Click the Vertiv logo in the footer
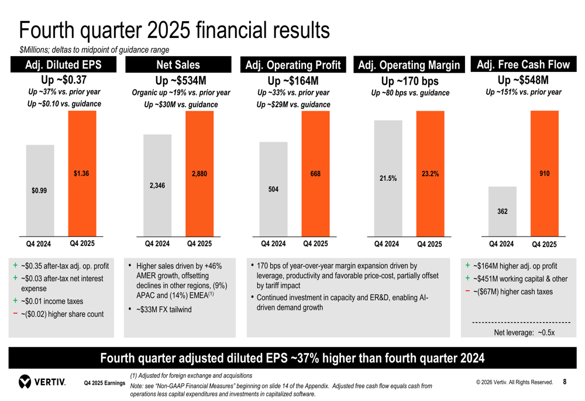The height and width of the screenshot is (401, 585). pos(42,382)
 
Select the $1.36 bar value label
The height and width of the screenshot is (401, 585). pos(81,174)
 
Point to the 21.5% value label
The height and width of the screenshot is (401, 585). pos(388,178)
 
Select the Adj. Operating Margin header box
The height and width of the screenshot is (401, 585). pos(408,65)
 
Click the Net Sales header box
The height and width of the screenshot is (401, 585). pos(178,65)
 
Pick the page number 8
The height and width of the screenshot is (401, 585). pos(565,382)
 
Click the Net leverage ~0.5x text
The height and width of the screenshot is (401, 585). pos(524,332)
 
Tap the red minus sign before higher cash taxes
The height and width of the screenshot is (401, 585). pos(468,291)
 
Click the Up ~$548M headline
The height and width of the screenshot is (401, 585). pos(522,80)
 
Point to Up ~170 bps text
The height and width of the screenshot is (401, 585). pos(409,81)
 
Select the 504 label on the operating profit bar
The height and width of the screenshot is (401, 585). pos(273,190)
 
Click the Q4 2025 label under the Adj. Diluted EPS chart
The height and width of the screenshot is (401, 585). pos(82,244)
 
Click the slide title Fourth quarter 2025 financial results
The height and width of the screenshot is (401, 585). pos(174,30)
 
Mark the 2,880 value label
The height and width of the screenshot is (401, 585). pos(199,174)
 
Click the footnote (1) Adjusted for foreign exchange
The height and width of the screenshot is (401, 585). pos(191,375)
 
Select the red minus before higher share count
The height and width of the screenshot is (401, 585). pos(15,314)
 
